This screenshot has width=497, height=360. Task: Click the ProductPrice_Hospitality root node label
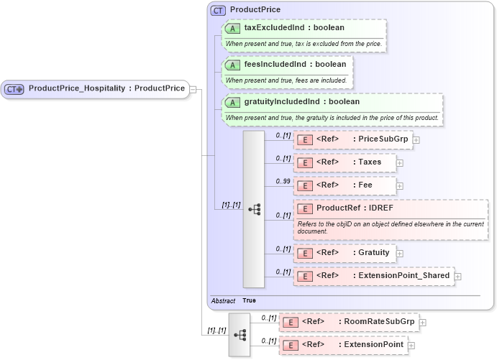point(106,89)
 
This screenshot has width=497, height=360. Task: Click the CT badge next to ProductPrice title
point(218,10)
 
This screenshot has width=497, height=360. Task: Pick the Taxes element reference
point(370,162)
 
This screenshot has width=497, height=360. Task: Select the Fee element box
point(345,185)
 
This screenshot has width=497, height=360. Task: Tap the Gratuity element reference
point(373,253)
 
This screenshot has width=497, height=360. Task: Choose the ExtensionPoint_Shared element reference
point(403,276)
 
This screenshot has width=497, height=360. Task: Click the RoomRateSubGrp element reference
point(376,323)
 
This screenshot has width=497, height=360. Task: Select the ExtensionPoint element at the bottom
point(371,346)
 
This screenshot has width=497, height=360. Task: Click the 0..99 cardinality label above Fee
point(283,180)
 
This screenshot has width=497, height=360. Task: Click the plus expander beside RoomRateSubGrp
point(423,323)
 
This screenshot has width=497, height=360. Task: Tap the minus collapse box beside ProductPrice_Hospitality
point(193,89)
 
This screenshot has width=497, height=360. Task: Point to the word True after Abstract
point(249,300)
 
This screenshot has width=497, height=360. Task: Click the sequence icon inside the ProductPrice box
point(254,209)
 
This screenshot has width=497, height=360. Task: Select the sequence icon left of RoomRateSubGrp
point(240,335)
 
